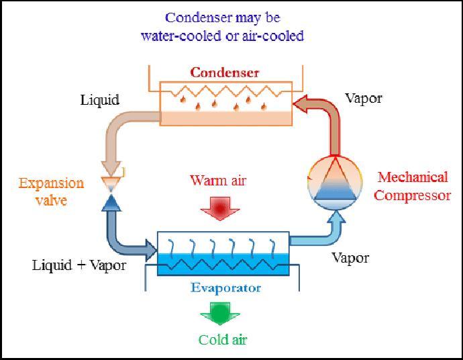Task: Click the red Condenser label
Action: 224,73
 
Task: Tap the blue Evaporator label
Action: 225,288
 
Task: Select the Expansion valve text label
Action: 52,191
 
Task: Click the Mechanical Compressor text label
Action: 412,186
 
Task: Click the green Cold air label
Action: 223,339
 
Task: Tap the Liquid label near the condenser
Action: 100,100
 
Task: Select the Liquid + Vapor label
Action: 79,265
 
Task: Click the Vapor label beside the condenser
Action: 364,98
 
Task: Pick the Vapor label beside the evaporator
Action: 350,257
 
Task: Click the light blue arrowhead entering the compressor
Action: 334,217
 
